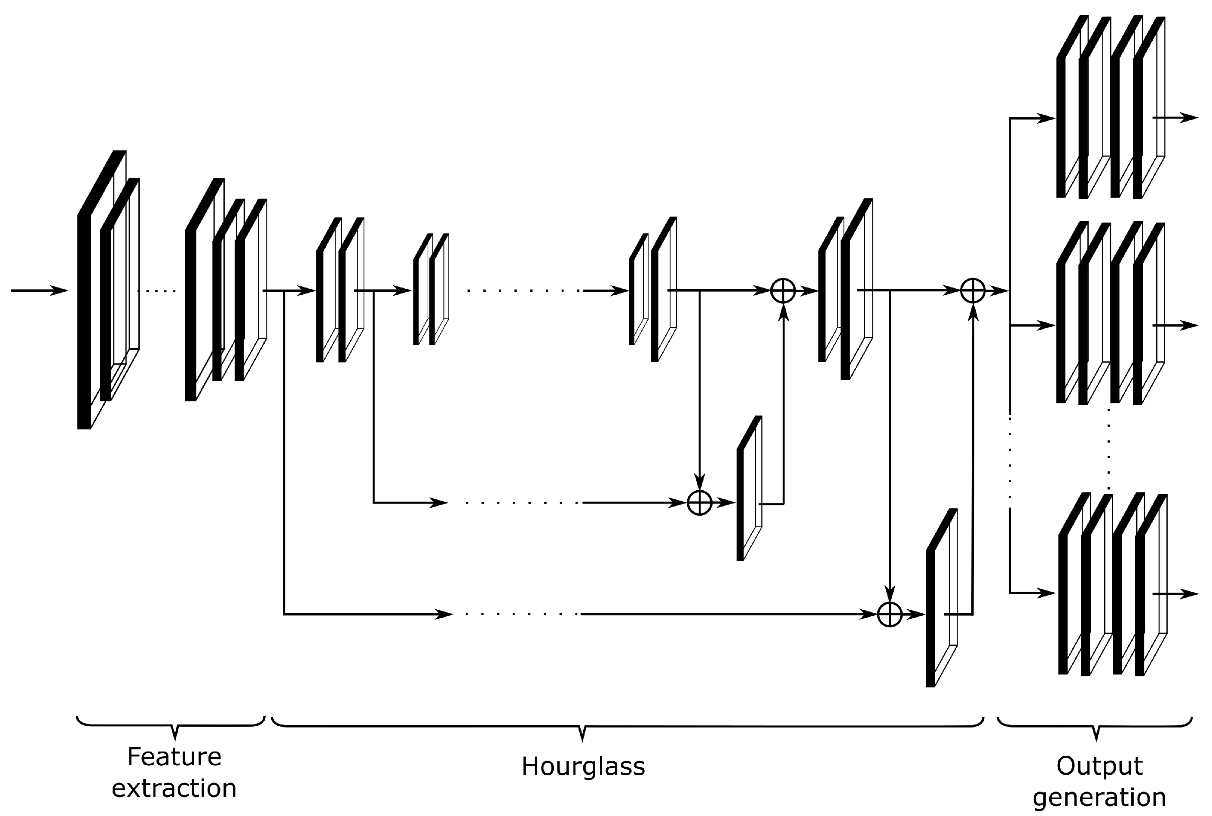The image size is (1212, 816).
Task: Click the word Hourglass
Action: click(583, 767)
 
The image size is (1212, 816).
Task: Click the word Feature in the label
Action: click(174, 757)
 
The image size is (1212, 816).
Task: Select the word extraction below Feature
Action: click(174, 788)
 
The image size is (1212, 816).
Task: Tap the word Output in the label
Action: click(1099, 766)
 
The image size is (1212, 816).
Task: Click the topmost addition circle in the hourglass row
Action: click(783, 290)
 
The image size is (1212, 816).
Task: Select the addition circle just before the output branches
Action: click(972, 290)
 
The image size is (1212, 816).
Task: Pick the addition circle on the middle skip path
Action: click(699, 503)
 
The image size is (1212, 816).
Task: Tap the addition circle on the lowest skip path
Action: click(889, 614)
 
